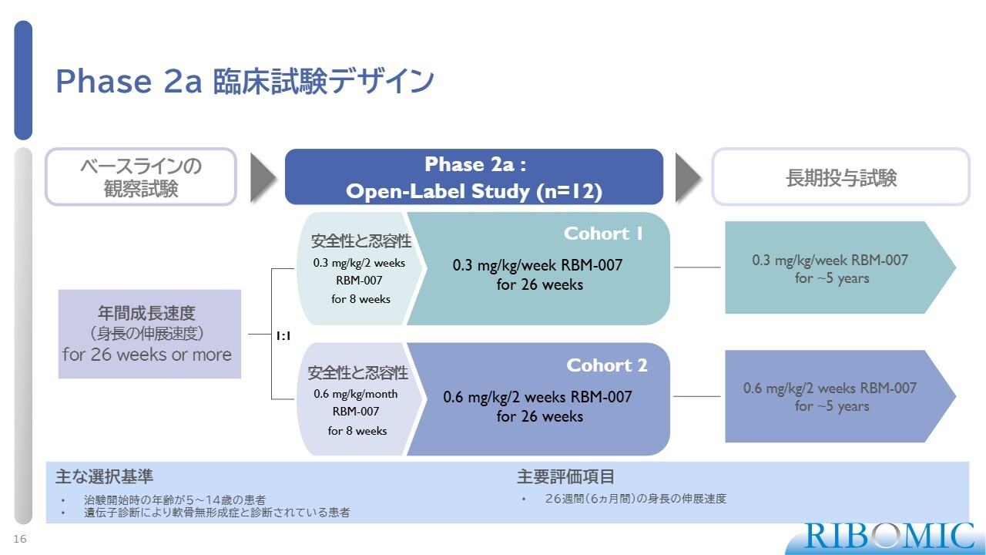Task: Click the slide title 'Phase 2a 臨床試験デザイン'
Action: (245, 81)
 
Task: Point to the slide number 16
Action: (20, 539)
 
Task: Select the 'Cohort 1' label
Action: (603, 234)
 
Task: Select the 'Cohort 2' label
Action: (607, 365)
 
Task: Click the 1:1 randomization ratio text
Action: (283, 336)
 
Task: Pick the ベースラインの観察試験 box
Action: (141, 177)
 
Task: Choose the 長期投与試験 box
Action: (840, 177)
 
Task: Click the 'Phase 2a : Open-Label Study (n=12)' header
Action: (474, 177)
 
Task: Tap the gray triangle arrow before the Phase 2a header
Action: (261, 177)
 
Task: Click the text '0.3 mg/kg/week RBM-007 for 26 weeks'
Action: (538, 274)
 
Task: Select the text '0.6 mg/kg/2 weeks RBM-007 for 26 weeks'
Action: (538, 406)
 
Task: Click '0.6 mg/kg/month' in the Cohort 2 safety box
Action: (356, 394)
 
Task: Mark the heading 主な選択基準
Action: (104, 476)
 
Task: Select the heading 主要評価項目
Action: (565, 476)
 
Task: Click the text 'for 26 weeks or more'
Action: (147, 355)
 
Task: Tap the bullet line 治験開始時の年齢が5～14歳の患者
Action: (175, 500)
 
